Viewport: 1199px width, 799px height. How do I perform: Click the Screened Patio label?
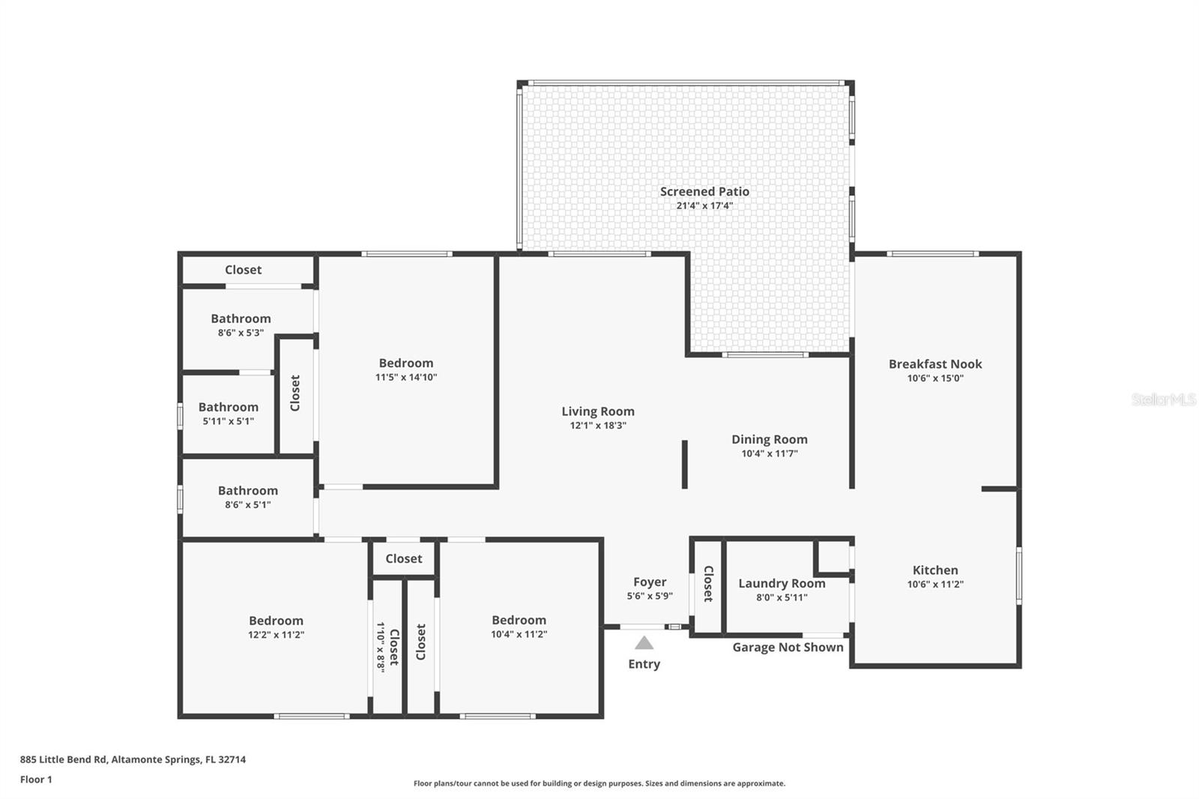click(x=704, y=192)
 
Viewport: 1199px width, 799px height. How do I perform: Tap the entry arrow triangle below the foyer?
click(x=644, y=643)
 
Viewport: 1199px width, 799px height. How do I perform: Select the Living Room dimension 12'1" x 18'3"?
click(x=598, y=426)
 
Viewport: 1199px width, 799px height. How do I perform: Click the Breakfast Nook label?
click(x=935, y=364)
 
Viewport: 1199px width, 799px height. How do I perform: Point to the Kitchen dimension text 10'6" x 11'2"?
click(x=935, y=585)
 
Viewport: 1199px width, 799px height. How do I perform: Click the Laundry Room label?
click(x=782, y=583)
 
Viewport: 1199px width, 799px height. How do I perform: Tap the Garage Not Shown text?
click(x=788, y=648)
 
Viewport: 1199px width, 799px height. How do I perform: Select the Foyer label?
click(x=650, y=582)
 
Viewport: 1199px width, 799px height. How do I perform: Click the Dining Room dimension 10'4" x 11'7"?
click(x=770, y=453)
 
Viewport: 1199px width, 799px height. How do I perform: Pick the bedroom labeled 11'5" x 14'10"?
click(x=406, y=370)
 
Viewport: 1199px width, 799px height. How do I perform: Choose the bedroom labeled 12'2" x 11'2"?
click(x=276, y=627)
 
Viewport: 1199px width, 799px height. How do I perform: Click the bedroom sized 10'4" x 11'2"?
click(x=519, y=627)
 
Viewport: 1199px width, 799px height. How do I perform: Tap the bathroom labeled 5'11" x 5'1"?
click(x=229, y=413)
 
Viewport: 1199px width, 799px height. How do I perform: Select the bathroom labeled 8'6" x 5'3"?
click(x=241, y=325)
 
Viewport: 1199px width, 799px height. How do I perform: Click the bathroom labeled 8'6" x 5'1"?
click(x=248, y=497)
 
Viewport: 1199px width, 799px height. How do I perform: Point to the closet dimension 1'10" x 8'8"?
click(x=381, y=646)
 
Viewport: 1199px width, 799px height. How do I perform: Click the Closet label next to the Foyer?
click(x=708, y=583)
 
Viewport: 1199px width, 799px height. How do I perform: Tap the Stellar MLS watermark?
click(x=1163, y=400)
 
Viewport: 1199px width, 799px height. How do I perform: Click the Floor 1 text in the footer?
click(x=36, y=780)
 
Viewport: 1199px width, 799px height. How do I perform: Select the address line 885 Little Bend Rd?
click(x=133, y=759)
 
